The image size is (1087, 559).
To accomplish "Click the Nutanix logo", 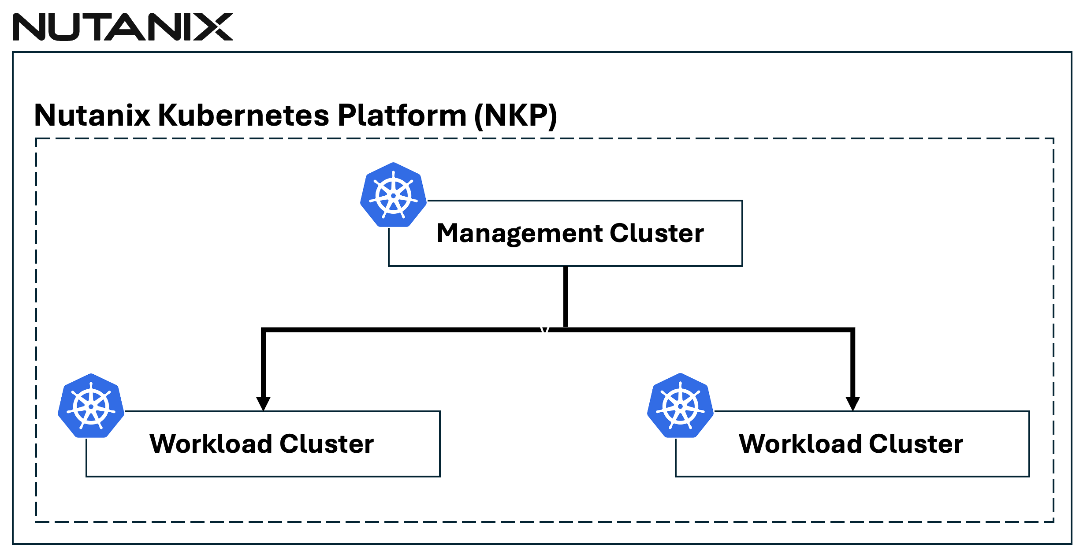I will coord(123,27).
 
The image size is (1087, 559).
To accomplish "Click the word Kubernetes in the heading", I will coord(243,116).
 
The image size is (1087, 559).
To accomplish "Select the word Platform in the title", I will coord(402,116).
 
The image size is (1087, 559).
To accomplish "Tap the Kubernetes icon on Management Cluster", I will coord(393,195).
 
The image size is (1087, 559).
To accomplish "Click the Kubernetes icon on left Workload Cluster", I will coord(91,406).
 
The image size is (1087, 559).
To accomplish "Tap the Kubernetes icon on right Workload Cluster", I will coord(680,406).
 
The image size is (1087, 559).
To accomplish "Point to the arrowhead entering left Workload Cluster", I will coord(263,403).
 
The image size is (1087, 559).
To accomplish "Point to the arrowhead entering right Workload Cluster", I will coord(852,403).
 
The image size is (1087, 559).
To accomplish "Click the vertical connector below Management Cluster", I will coord(566,296).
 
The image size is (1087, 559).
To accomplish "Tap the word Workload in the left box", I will coord(211,444).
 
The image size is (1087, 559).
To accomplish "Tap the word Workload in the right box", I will coord(800,444).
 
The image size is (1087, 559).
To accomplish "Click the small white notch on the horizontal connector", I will coord(544,329).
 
